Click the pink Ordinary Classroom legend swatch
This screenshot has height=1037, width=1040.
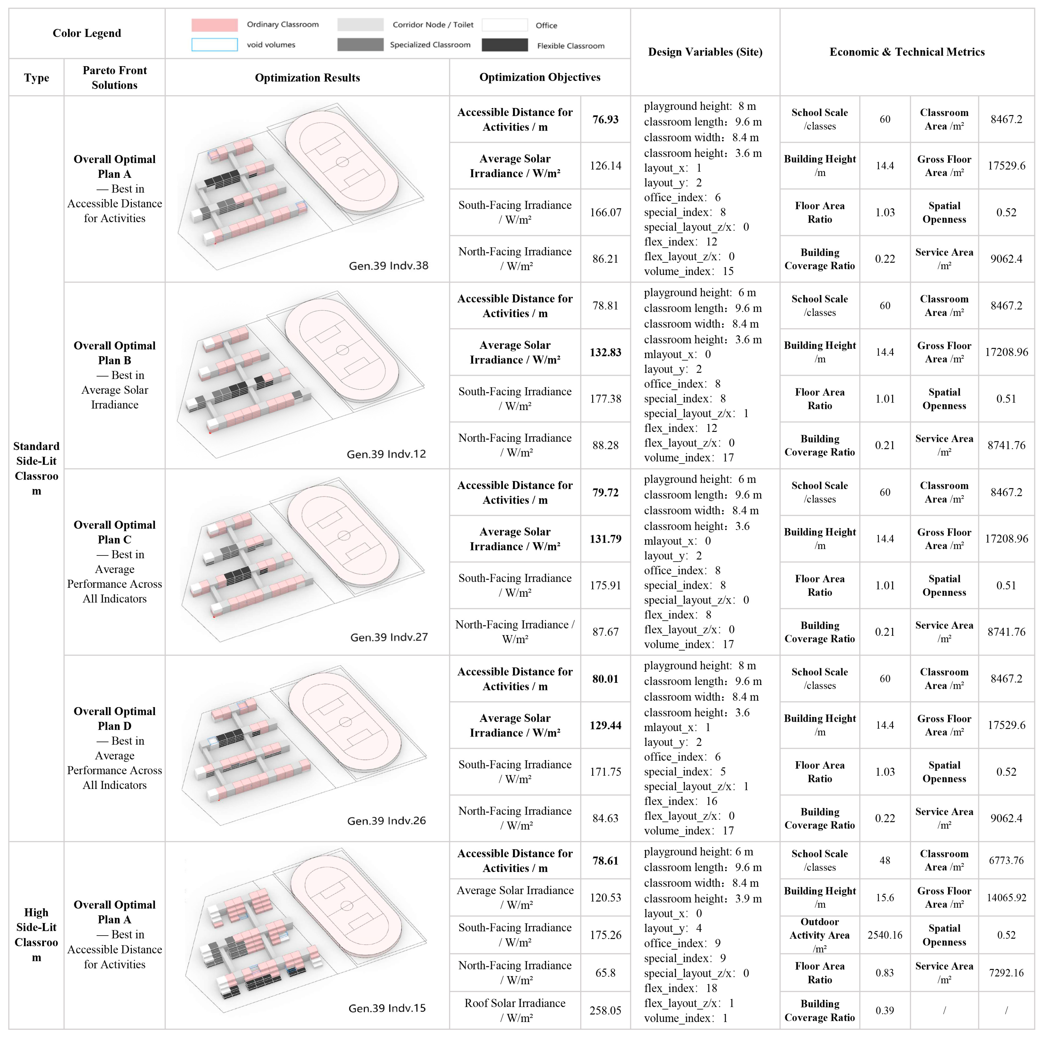pos(214,25)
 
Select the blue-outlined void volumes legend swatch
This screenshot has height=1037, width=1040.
pos(214,45)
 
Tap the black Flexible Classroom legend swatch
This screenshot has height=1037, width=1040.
pos(504,45)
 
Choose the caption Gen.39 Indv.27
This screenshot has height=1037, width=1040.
pos(389,637)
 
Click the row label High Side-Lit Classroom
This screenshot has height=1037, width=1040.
pos(36,935)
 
